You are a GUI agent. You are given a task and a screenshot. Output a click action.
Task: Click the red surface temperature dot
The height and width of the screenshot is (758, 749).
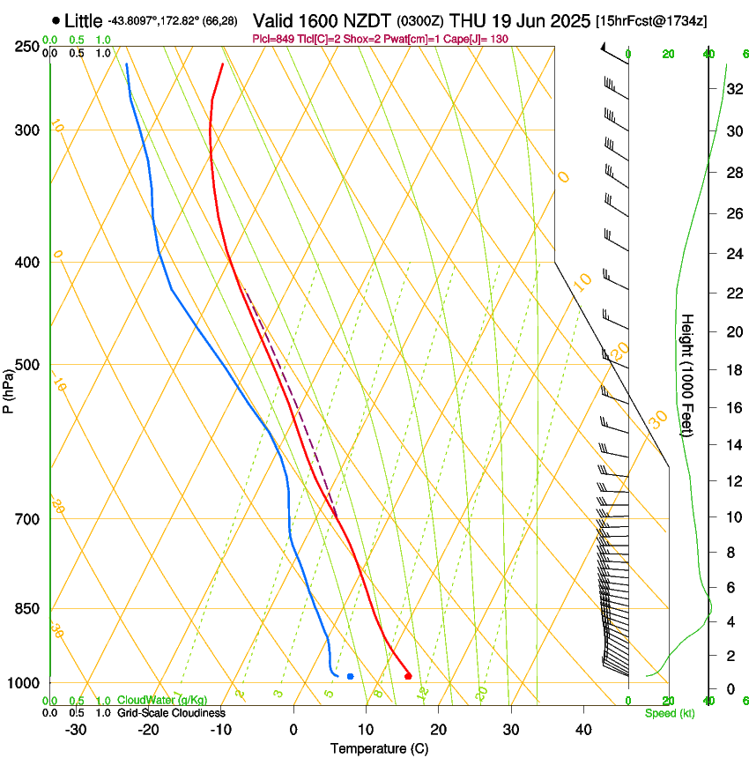[x=408, y=676]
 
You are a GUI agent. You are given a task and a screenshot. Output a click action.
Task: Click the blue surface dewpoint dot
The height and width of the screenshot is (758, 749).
[x=351, y=676]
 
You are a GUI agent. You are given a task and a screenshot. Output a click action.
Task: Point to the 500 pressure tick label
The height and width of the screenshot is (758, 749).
[x=27, y=365]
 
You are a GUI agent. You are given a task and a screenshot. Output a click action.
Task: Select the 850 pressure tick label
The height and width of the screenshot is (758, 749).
[x=27, y=608]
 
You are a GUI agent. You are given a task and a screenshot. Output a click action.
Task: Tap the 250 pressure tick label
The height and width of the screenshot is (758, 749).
[x=27, y=47]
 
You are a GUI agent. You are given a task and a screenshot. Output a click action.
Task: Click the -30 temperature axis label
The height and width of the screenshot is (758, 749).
[x=76, y=729]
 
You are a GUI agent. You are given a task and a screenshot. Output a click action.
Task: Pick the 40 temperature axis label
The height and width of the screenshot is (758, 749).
[x=583, y=729]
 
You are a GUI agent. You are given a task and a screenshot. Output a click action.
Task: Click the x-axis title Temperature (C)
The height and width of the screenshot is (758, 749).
[x=379, y=748]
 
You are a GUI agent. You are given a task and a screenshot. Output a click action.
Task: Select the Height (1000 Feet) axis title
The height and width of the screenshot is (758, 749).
[x=687, y=375]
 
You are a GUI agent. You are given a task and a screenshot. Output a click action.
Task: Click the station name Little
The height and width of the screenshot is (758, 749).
[x=84, y=20]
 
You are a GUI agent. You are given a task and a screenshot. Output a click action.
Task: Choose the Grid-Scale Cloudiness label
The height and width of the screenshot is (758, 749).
[x=171, y=712]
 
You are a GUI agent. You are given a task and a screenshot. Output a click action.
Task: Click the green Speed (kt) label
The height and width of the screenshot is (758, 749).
[x=670, y=712]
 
